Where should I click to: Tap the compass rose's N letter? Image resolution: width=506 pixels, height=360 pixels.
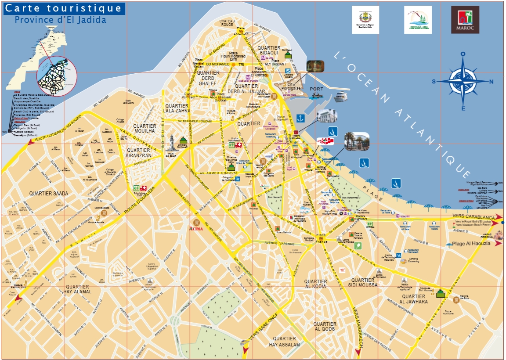(492, 81)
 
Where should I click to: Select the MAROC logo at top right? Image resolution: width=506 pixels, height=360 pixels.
(465, 20)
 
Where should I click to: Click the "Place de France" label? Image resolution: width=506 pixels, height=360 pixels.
(322, 239)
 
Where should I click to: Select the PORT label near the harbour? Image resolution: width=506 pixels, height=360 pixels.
(316, 89)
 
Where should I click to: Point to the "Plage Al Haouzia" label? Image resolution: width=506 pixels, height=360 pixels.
(471, 244)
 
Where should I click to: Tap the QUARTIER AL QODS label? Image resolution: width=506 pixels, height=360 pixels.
(325, 326)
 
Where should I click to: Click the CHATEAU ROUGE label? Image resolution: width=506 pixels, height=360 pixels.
(227, 23)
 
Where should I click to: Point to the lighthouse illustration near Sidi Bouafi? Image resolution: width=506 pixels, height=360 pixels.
(171, 143)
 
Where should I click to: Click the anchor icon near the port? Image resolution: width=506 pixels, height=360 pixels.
(300, 118)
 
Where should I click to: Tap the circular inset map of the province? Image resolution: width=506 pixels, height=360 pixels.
(57, 76)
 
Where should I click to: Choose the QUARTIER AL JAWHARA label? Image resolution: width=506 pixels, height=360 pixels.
(414, 299)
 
